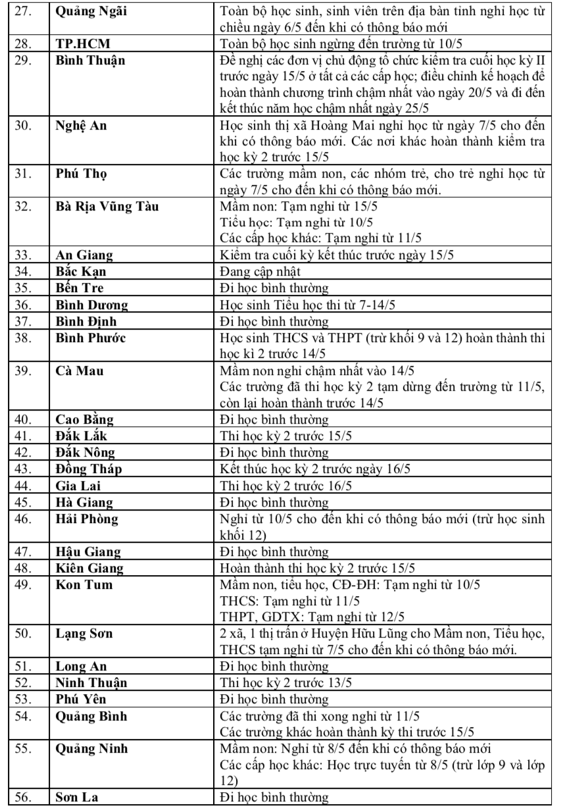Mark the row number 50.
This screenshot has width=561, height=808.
tap(24, 634)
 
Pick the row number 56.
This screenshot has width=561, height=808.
tap(24, 798)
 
